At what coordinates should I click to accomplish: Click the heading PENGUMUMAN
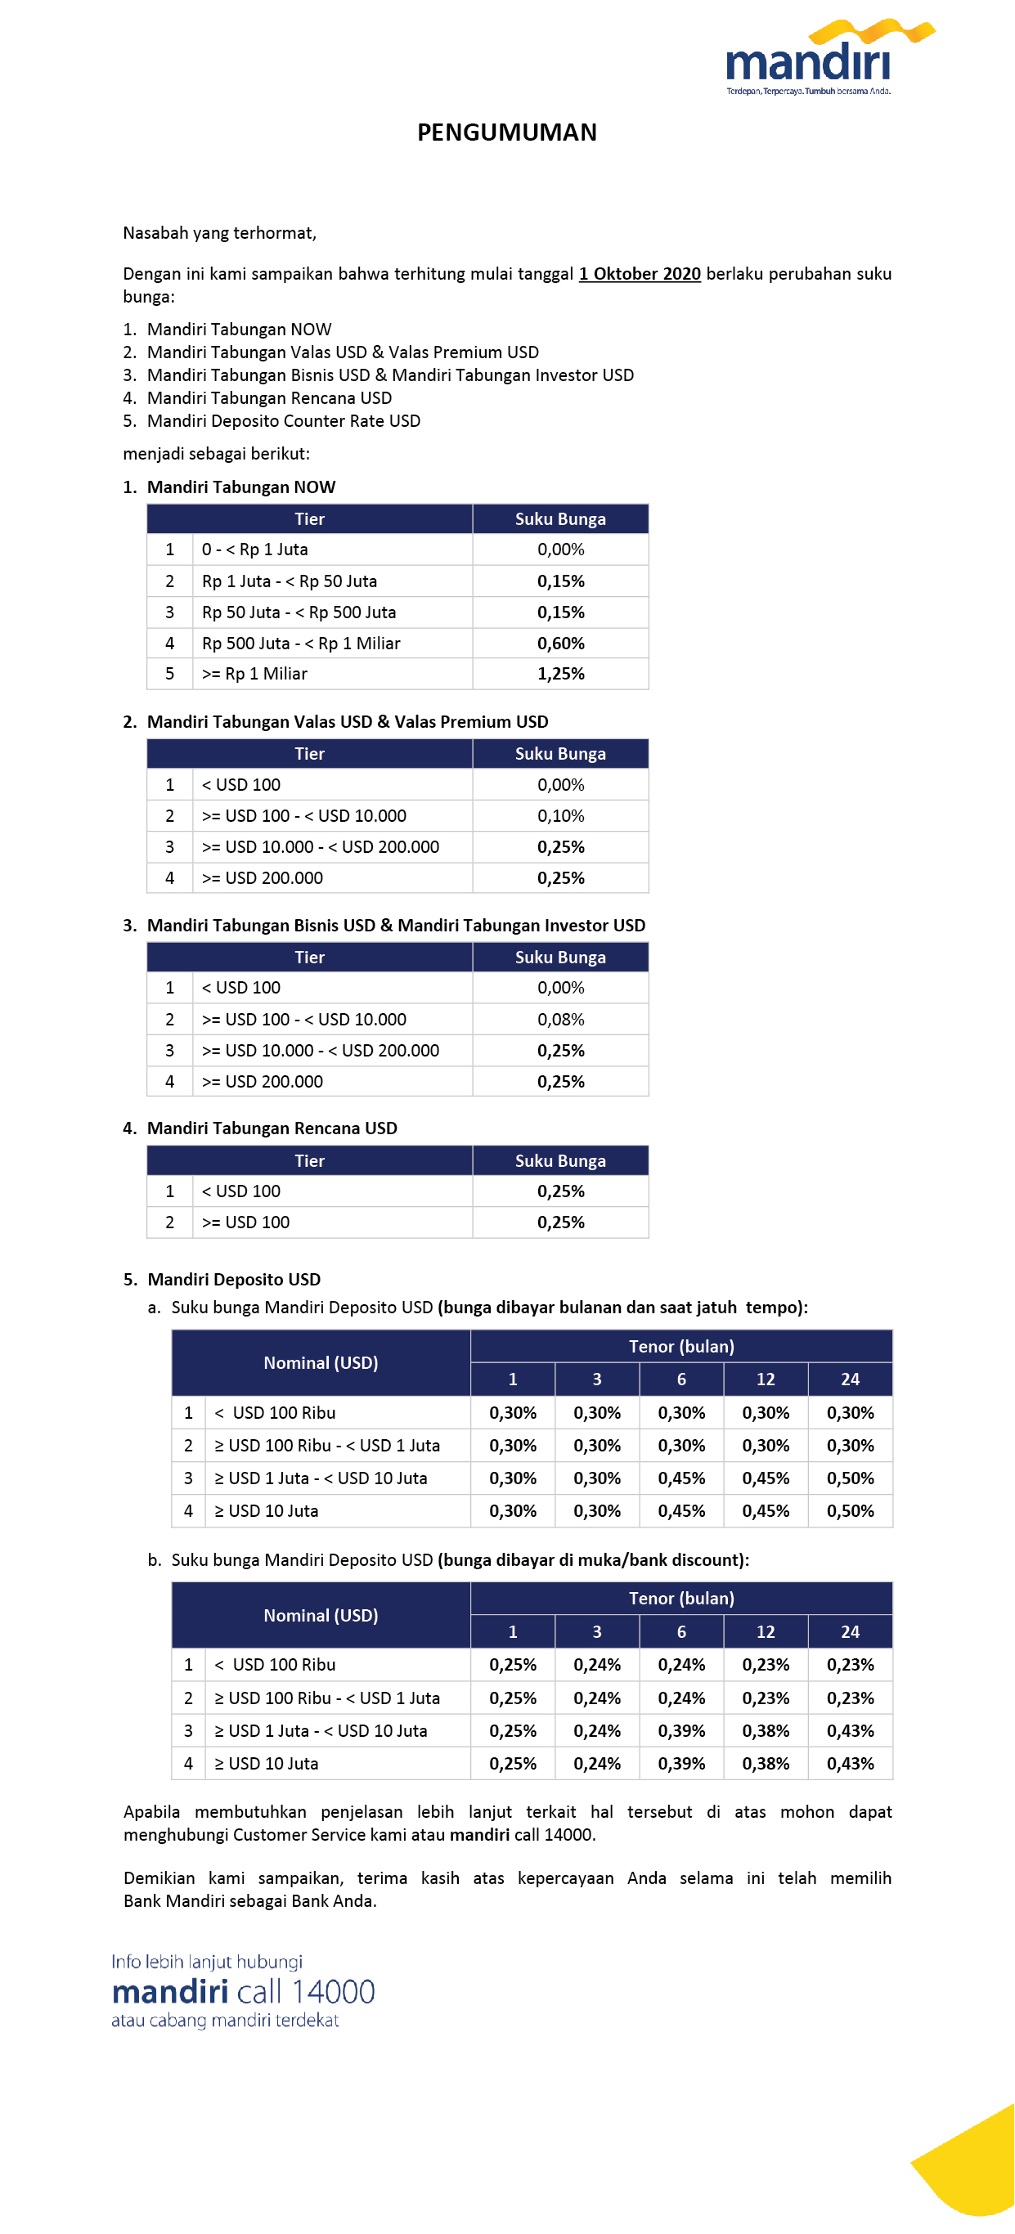pyautogui.click(x=506, y=132)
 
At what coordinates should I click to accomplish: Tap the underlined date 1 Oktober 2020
pyautogui.click(x=640, y=274)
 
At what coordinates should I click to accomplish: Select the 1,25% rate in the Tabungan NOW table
pyautogui.click(x=560, y=674)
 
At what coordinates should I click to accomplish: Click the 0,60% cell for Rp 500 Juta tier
pyautogui.click(x=560, y=644)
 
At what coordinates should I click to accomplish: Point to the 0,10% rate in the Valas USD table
pyautogui.click(x=560, y=816)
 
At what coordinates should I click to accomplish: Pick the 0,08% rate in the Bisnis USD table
pyautogui.click(x=560, y=1019)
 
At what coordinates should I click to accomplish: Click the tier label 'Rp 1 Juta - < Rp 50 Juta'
pyautogui.click(x=289, y=581)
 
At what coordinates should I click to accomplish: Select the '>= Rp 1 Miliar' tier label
pyautogui.click(x=254, y=674)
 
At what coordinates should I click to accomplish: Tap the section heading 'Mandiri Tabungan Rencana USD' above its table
pyautogui.click(x=272, y=1128)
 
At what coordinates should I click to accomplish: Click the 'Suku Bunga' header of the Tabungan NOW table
pyautogui.click(x=560, y=519)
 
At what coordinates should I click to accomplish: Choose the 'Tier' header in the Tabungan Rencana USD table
pyautogui.click(x=309, y=1161)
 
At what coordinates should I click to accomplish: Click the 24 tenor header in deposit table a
pyautogui.click(x=850, y=1379)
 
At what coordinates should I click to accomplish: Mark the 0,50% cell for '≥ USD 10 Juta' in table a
pyautogui.click(x=850, y=1510)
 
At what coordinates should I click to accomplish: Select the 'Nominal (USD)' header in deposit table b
pyautogui.click(x=321, y=1616)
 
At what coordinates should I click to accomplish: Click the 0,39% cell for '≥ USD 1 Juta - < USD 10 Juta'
pyautogui.click(x=681, y=1731)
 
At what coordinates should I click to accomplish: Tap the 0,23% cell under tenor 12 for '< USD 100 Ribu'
pyautogui.click(x=766, y=1665)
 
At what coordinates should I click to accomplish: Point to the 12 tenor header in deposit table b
pyautogui.click(x=766, y=1632)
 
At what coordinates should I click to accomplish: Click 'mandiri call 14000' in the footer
pyautogui.click(x=243, y=1992)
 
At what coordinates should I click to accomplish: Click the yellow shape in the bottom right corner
pyautogui.click(x=972, y=2168)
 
